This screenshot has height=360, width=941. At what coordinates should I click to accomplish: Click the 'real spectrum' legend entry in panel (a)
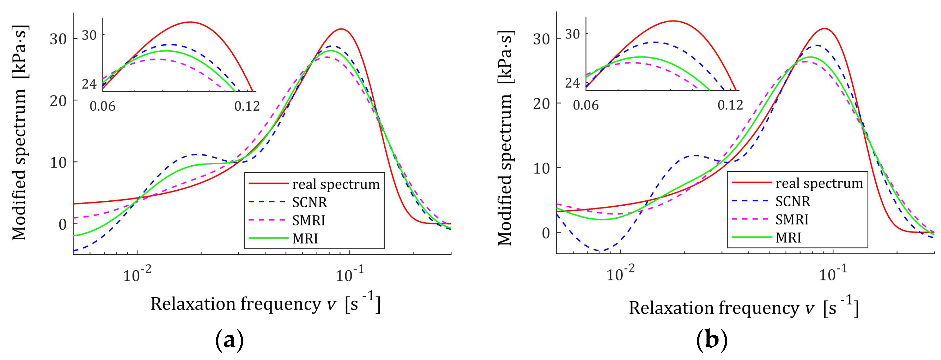[x=336, y=184]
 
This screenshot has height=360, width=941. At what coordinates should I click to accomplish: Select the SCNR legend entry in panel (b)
[x=793, y=201]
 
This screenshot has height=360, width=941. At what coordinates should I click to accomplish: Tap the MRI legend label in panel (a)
[x=305, y=239]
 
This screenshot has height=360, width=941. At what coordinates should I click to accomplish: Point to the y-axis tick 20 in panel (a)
[x=58, y=101]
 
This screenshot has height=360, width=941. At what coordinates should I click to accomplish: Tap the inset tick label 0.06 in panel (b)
[x=586, y=105]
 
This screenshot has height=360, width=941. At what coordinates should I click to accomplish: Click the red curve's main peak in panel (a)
[x=341, y=29]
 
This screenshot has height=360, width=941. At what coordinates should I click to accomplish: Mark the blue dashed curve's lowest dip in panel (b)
[x=602, y=251]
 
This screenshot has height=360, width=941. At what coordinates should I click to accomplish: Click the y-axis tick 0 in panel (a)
[x=62, y=224]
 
